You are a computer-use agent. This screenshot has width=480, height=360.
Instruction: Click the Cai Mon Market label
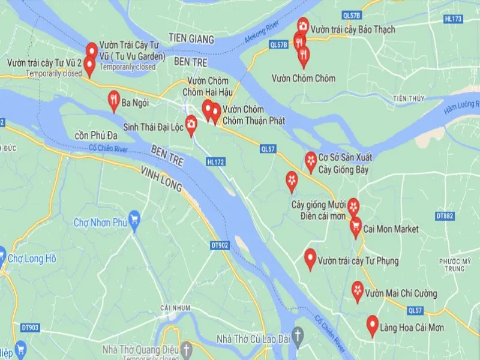coord(391,229)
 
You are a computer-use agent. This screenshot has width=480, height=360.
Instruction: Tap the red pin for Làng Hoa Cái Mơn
coord(372,325)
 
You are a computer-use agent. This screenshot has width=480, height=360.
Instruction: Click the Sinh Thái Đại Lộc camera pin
coord(191,124)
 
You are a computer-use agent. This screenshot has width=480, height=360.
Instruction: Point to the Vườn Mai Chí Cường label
coord(401,293)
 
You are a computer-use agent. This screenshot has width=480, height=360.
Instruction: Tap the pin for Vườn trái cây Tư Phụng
coord(310,258)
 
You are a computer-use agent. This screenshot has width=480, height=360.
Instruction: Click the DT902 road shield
coord(220,245)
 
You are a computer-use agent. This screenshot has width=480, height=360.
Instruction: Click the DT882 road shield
coord(445,216)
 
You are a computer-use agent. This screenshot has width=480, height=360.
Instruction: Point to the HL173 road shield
coord(454,19)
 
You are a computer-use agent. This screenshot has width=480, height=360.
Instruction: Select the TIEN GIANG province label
coord(191,38)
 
